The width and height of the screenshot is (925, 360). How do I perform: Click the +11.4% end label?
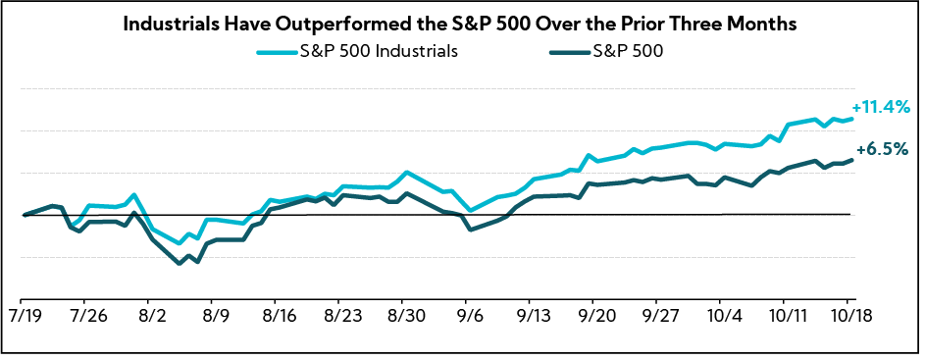point(880,106)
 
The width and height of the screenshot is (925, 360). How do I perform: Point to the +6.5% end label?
point(881,150)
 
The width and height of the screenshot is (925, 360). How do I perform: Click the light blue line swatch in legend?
point(276,53)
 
